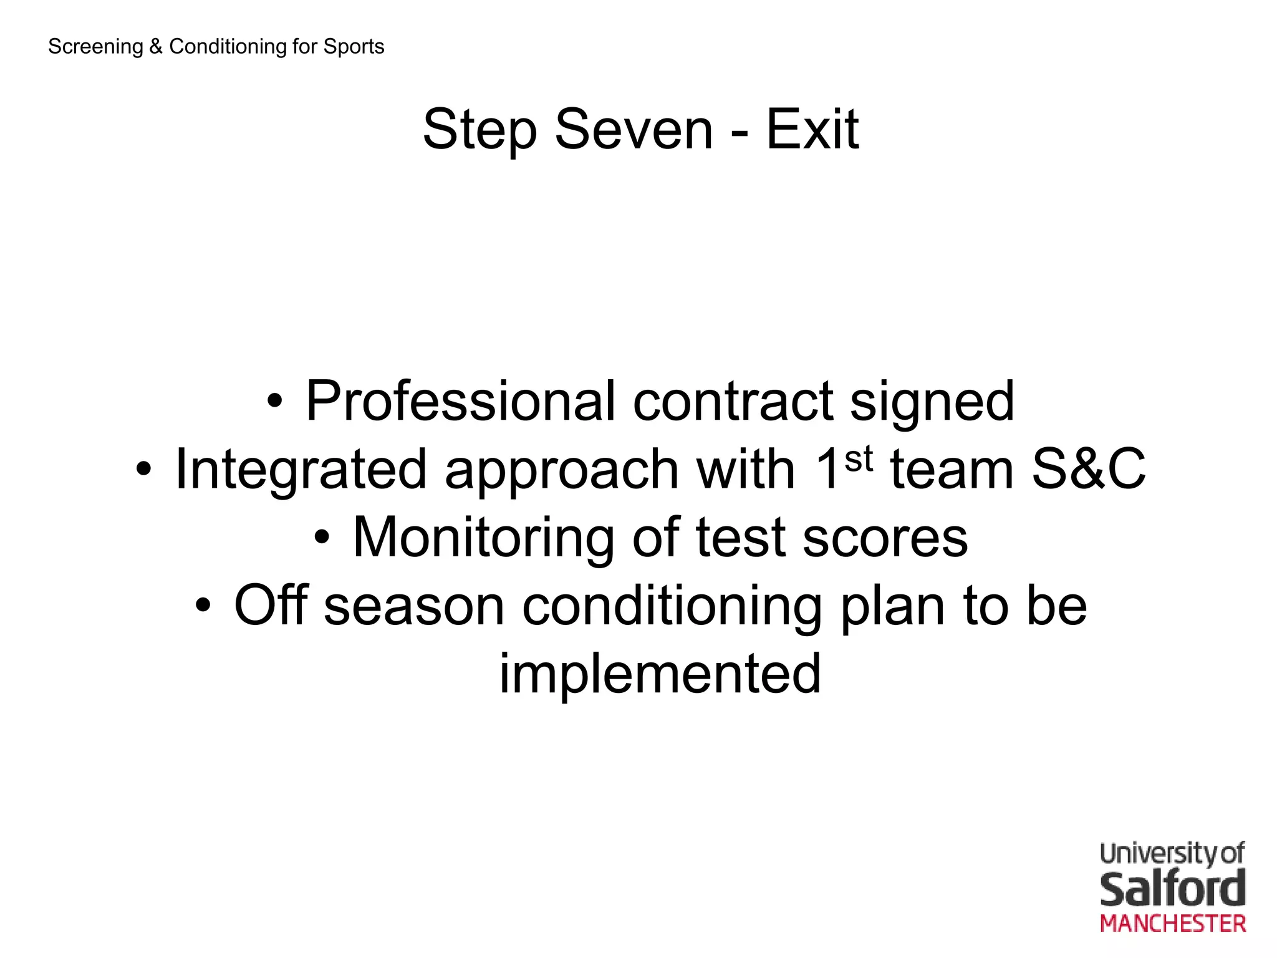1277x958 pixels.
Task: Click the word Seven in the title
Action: (x=633, y=130)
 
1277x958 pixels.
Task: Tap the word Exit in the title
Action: (x=812, y=130)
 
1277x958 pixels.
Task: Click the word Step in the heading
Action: (x=479, y=131)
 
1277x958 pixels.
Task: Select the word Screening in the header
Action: (x=95, y=47)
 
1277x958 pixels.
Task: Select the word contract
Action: (x=733, y=401)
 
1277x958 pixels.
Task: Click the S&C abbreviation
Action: (x=1088, y=469)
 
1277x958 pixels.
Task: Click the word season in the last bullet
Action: (x=413, y=606)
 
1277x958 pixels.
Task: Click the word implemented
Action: (x=660, y=674)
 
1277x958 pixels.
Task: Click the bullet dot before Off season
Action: (x=203, y=604)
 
